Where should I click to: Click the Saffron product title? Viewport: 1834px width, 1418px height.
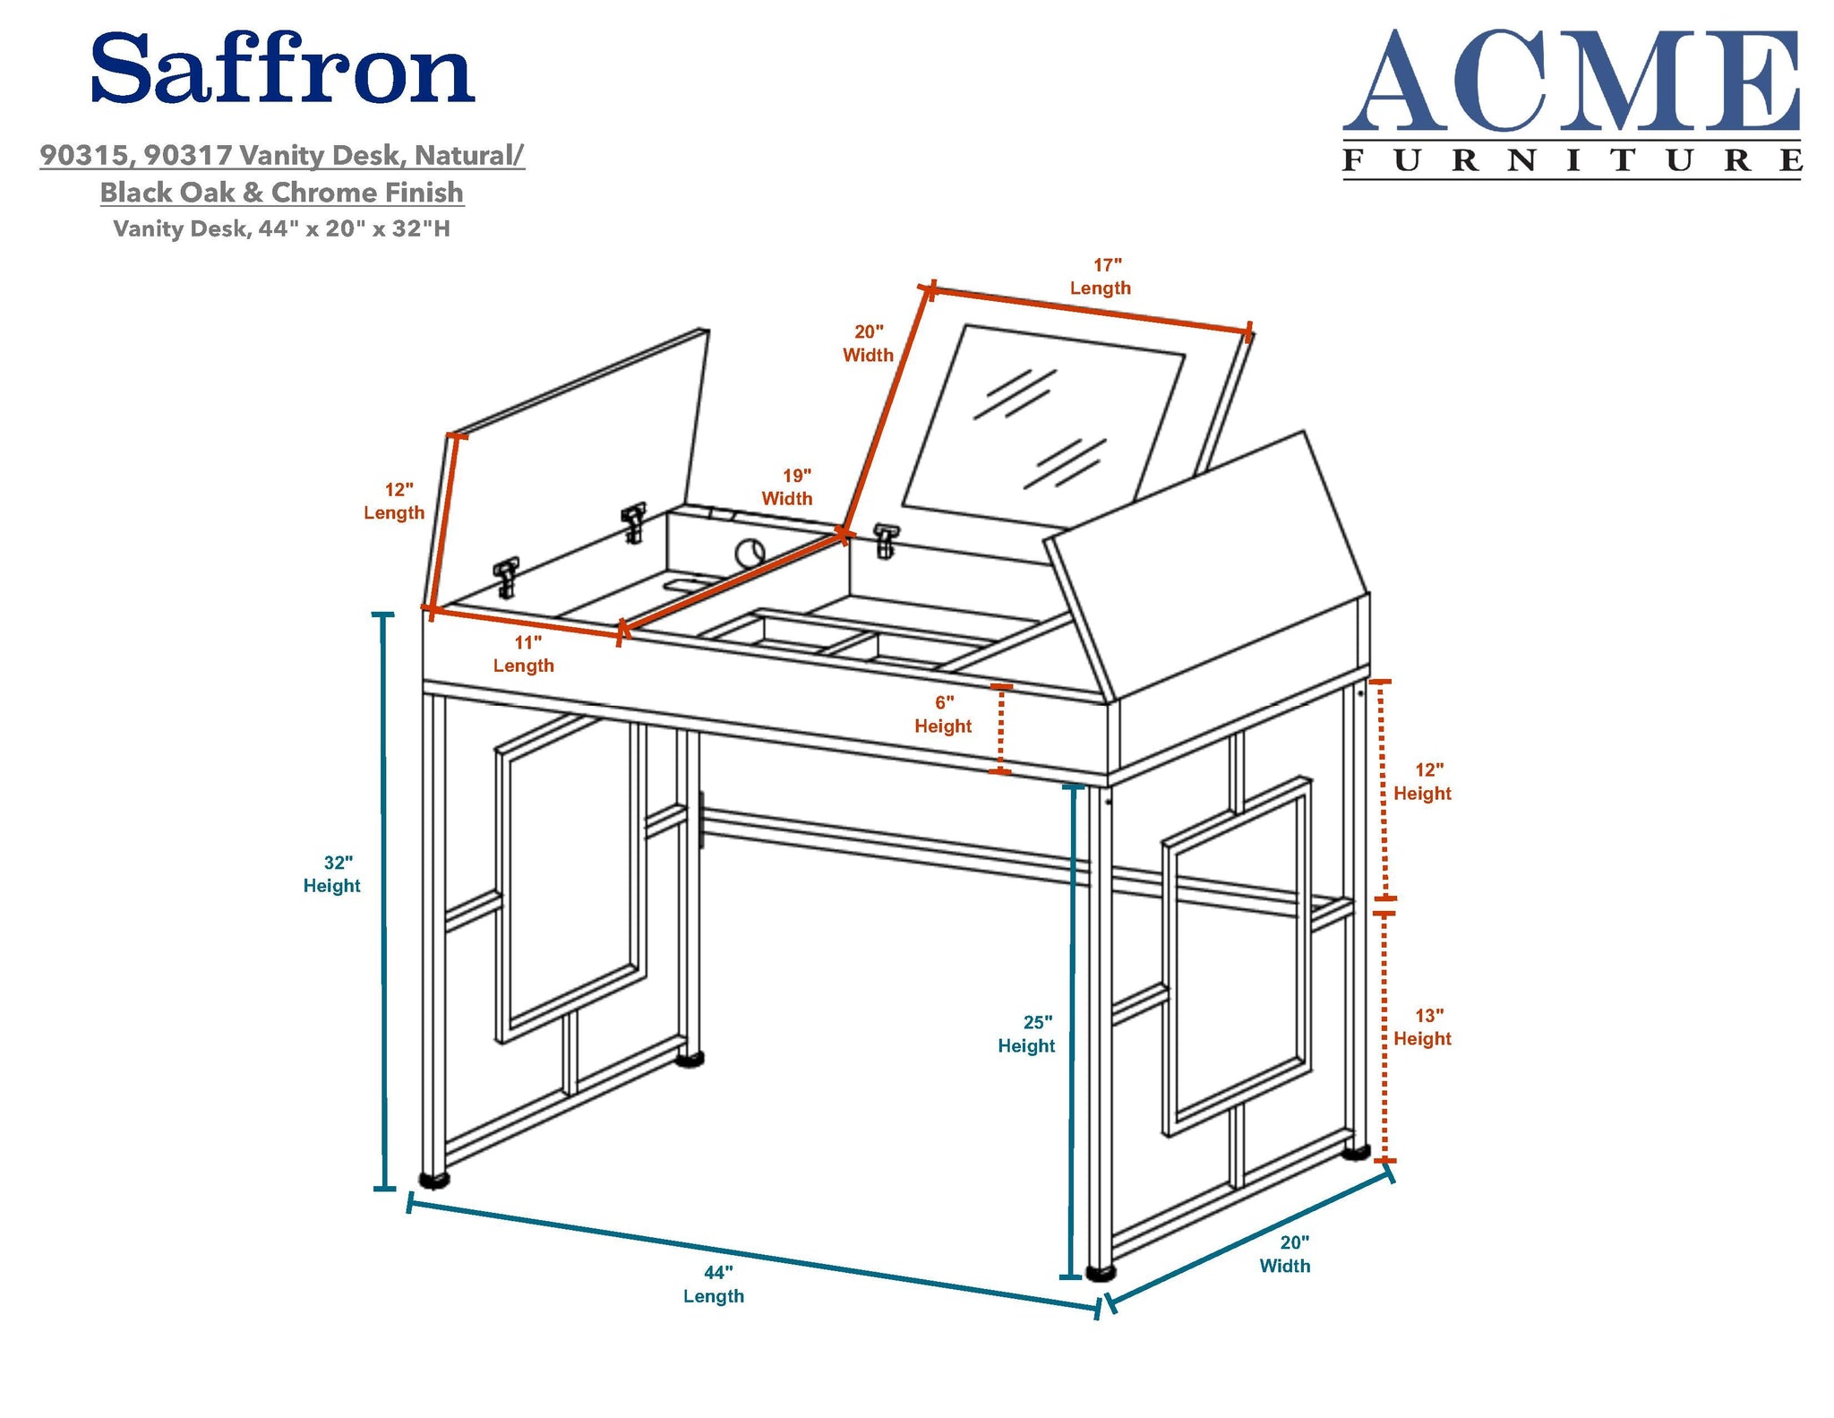pos(282,69)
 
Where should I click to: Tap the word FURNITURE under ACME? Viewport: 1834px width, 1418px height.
pos(1572,160)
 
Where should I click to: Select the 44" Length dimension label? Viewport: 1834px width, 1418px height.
pos(715,1284)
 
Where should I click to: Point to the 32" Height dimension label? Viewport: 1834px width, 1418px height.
pos(332,874)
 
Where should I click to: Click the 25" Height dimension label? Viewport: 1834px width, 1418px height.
pos(1027,1034)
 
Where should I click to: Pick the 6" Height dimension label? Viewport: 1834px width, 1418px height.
pos(943,714)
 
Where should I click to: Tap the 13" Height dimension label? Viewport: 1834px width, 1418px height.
pos(1422,1027)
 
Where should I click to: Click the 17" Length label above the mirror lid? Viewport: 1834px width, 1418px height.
pos(1101,277)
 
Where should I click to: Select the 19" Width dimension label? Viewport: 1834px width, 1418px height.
pos(788,487)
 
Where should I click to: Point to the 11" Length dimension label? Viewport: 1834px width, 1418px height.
pos(524,654)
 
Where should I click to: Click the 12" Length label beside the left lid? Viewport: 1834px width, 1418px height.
pos(394,502)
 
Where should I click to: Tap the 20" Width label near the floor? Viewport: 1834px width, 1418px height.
pos(1286,1254)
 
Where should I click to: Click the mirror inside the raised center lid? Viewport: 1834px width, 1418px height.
pos(1043,425)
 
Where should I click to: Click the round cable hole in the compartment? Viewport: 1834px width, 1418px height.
pos(750,553)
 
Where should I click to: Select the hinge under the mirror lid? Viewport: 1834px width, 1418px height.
pos(886,540)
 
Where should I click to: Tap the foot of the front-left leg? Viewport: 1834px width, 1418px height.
pos(435,1180)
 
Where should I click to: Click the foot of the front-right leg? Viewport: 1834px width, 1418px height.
pos(1101,1271)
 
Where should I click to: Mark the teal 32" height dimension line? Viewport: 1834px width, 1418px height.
pos(384,901)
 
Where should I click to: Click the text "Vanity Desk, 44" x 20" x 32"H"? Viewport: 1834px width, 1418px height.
pos(282,228)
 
